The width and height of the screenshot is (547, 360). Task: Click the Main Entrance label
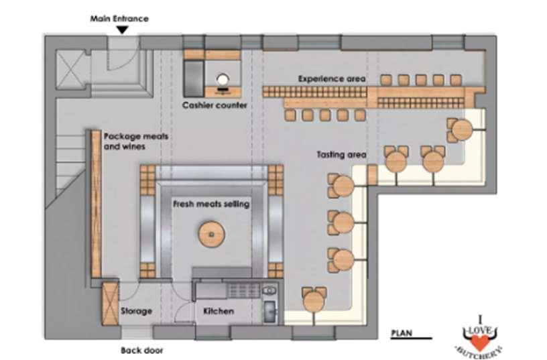click(x=119, y=19)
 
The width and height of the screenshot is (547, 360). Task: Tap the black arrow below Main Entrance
click(x=122, y=29)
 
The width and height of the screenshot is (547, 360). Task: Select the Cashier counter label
click(x=215, y=105)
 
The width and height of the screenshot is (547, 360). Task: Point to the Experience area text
click(x=332, y=78)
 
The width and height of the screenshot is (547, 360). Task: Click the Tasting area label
click(x=341, y=155)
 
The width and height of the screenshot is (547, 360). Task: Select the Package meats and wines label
click(x=135, y=141)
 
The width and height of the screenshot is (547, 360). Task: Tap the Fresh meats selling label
click(x=211, y=203)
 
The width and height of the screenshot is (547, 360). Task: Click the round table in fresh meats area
click(x=211, y=234)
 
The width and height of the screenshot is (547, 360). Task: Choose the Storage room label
click(x=136, y=311)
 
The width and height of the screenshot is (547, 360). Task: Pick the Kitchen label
click(x=219, y=311)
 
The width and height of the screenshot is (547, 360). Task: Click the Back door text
click(x=141, y=350)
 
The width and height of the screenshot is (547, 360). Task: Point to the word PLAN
click(x=402, y=332)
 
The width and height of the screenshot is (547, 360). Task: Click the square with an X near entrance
click(x=69, y=67)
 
